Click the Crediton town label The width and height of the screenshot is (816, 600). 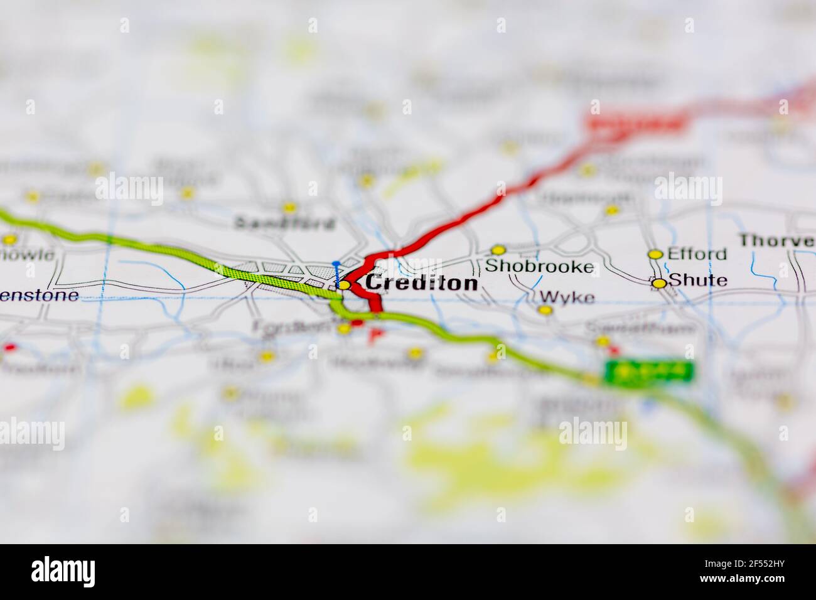(x=421, y=283)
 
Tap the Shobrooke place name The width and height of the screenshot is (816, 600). (x=539, y=267)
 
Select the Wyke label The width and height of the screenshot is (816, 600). (x=567, y=297)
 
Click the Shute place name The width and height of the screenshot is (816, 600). (x=698, y=281)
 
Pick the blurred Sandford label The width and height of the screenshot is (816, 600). (x=284, y=222)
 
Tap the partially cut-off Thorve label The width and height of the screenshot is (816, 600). (x=776, y=240)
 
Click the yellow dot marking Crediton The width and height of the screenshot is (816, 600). (x=344, y=285)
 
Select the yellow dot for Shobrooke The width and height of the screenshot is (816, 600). (x=498, y=250)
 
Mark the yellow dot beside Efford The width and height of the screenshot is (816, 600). (x=655, y=254)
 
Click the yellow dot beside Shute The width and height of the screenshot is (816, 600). (x=658, y=284)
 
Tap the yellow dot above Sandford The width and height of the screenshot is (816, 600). (x=289, y=206)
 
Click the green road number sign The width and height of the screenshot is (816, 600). (x=649, y=372)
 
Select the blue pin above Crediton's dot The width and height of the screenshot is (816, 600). (x=336, y=264)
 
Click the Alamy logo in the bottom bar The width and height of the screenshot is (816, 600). (x=63, y=571)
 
